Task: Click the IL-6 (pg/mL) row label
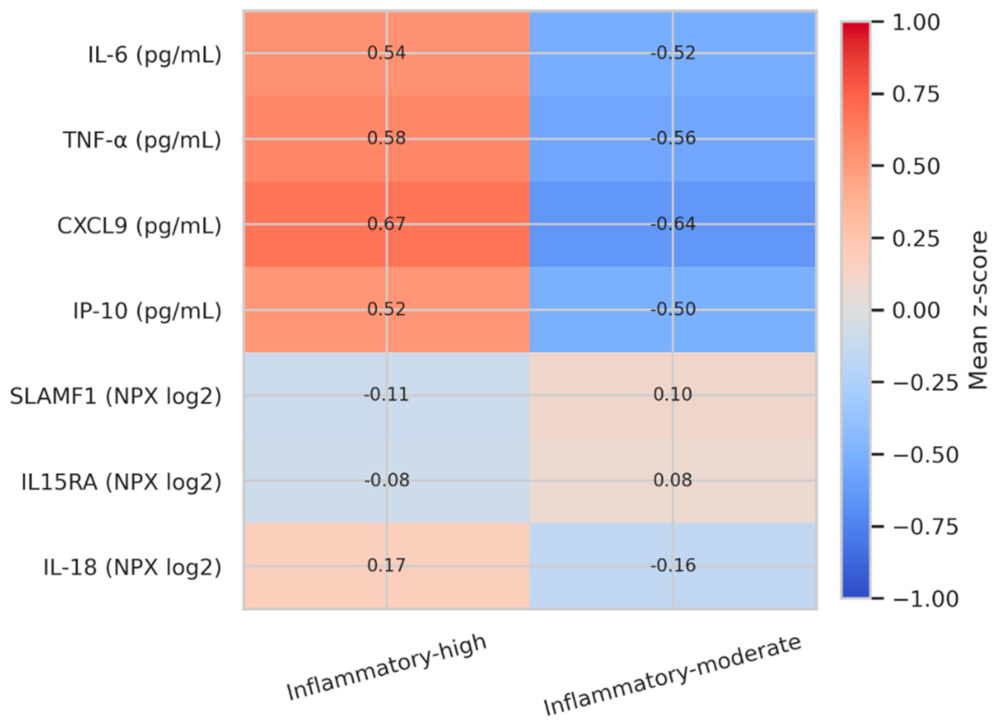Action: pyautogui.click(x=154, y=54)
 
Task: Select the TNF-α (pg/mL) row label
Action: pyautogui.click(x=142, y=140)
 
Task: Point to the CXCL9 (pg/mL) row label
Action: pyautogui.click(x=139, y=225)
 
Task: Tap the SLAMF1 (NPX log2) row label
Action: pyautogui.click(x=116, y=396)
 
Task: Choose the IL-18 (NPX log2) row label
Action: pyautogui.click(x=132, y=566)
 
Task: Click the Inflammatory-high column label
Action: pyautogui.click(x=387, y=666)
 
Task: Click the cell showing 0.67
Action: pyautogui.click(x=387, y=224)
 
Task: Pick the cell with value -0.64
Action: pyautogui.click(x=673, y=224)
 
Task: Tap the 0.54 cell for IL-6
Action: pyautogui.click(x=387, y=53)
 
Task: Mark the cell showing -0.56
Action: pyautogui.click(x=673, y=139)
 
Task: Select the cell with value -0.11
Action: pyautogui.click(x=387, y=395)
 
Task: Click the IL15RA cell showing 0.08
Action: pyautogui.click(x=673, y=480)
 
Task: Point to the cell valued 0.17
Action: pyautogui.click(x=387, y=566)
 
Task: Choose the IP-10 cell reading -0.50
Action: pyautogui.click(x=673, y=309)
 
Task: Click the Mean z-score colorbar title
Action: pyautogui.click(x=978, y=310)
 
